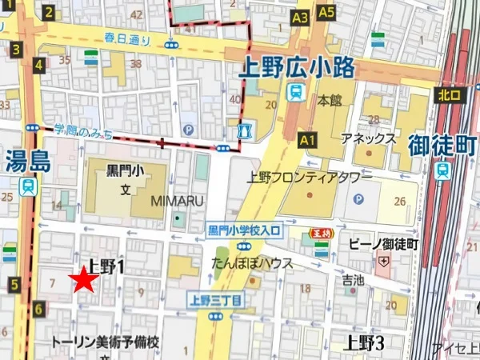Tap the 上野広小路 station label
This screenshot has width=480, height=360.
tap(297, 69)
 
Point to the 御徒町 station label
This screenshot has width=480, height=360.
tap(442, 146)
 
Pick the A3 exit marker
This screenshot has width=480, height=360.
tap(300, 17)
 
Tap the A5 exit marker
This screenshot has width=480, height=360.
tap(326, 12)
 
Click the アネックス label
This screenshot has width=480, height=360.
tap(369, 138)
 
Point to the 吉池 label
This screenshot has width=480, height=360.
tap(353, 280)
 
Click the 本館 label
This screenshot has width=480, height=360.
tap(330, 101)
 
